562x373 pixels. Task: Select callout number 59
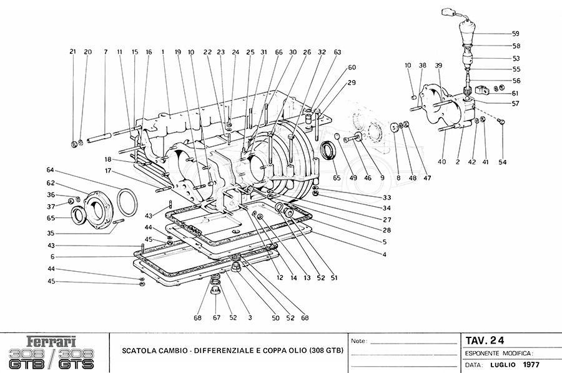[x=515, y=33]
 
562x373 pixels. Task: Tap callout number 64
[x=50, y=170]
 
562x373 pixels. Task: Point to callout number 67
[x=217, y=318]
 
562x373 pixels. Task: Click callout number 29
[x=352, y=82]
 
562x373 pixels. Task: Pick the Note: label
[x=358, y=342]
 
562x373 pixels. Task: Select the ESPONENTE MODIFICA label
[x=498, y=353]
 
